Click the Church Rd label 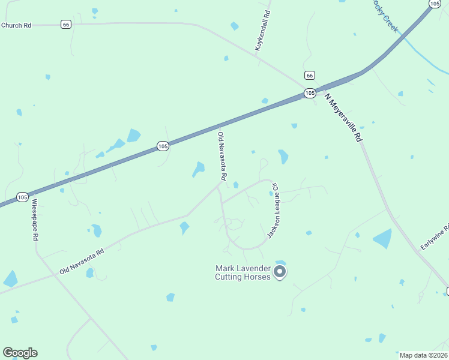pyautogui.click(x=16, y=25)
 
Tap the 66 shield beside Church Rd pyautogui.click(x=66, y=24)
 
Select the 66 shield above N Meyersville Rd pyautogui.click(x=309, y=75)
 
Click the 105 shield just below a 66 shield pyautogui.click(x=309, y=93)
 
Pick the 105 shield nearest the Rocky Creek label pyautogui.click(x=434, y=4)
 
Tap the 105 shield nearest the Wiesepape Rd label pyautogui.click(x=22, y=197)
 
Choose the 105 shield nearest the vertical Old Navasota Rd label pyautogui.click(x=163, y=146)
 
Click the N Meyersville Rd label pyautogui.click(x=344, y=117)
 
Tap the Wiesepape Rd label pyautogui.click(x=35, y=220)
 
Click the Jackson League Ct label pyautogui.click(x=274, y=210)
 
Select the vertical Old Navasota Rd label pyautogui.click(x=221, y=157)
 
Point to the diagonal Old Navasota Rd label pyautogui.click(x=82, y=262)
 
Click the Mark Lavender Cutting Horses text pyautogui.click(x=243, y=272)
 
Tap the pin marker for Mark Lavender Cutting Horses pyautogui.click(x=280, y=272)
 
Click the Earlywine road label pyautogui.click(x=435, y=237)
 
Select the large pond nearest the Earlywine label pyautogui.click(x=382, y=239)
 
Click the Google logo pyautogui.click(x=20, y=353)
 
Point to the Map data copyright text pyautogui.click(x=423, y=355)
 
